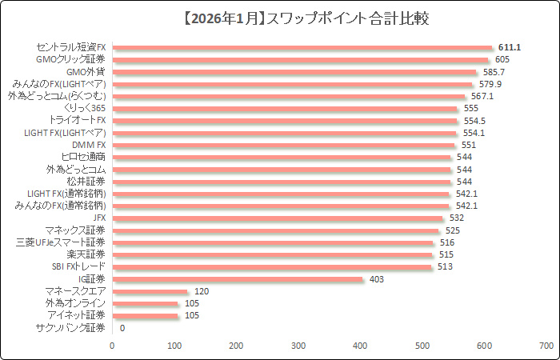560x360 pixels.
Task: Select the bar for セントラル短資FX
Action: click(302, 48)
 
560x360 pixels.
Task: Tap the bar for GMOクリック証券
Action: click(300, 60)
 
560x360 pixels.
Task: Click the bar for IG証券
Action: click(238, 279)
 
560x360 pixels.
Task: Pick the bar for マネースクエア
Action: click(150, 291)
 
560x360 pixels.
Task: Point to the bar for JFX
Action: click(278, 218)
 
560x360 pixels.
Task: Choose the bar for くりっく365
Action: click(285, 109)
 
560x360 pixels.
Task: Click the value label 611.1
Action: click(510, 48)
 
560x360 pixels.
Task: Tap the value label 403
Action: click(377, 279)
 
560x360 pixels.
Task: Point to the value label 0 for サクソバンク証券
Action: click(122, 328)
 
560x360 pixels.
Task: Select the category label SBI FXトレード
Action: click(78, 266)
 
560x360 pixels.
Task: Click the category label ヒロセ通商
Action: click(83, 157)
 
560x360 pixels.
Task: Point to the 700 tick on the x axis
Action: click(546, 345)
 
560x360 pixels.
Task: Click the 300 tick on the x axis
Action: click(298, 345)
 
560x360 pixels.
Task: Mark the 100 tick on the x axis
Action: click(174, 345)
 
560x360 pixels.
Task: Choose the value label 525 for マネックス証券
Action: click(452, 230)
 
